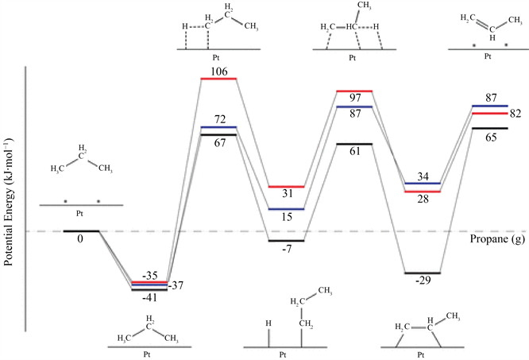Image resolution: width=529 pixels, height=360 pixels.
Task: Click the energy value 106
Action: pos(219,72)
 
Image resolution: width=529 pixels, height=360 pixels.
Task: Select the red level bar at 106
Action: pos(219,79)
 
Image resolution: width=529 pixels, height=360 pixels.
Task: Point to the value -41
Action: pos(150,299)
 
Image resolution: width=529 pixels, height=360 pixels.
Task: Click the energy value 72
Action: pos(219,119)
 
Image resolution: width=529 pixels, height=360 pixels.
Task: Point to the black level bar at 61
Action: pos(355,144)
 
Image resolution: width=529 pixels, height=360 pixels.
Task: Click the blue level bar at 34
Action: pos(423,184)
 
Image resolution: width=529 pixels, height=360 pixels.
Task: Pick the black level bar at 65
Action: pos(490,129)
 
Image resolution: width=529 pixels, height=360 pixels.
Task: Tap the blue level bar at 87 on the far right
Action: pos(490,106)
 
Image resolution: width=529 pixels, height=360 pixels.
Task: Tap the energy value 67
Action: pos(219,143)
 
